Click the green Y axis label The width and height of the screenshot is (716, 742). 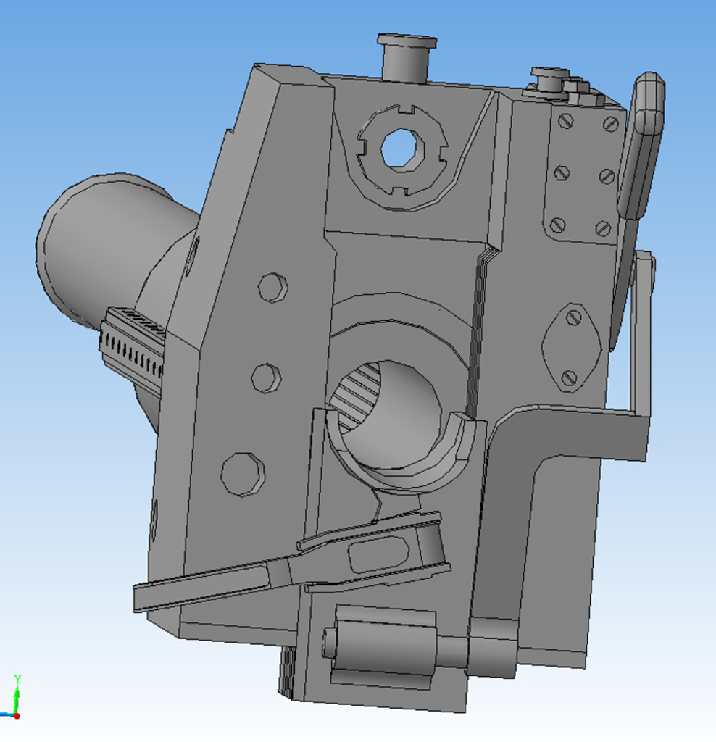(x=17, y=679)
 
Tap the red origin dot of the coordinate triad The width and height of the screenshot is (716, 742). (x=17, y=716)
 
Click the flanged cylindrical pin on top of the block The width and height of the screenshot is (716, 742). (x=407, y=57)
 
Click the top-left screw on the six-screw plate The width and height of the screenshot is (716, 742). (x=566, y=121)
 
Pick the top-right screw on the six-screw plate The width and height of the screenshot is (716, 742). (x=611, y=125)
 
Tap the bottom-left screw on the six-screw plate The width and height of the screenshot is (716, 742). (x=559, y=225)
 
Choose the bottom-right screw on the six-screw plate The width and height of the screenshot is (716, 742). (x=602, y=228)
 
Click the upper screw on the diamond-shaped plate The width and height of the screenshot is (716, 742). (x=574, y=317)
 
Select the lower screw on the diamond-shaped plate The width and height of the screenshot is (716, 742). (x=569, y=377)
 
